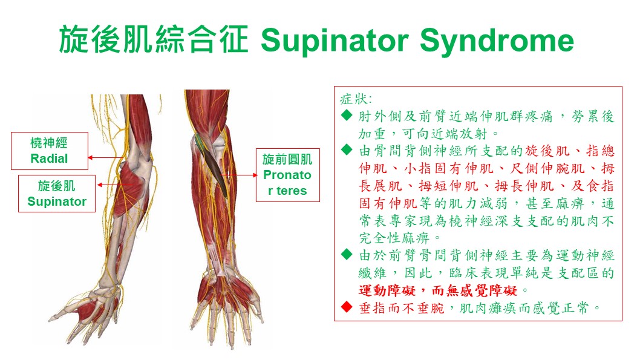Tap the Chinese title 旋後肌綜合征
point(154,39)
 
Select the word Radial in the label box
point(49,159)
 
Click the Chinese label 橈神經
point(49,143)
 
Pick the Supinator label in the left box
point(57,201)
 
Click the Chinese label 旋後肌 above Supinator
point(57,186)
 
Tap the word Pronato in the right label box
point(287,175)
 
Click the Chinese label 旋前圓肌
point(287,159)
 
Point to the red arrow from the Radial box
point(107,157)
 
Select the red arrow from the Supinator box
point(115,185)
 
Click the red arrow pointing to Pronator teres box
point(240,175)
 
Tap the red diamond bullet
point(347,307)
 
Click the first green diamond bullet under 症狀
point(347,116)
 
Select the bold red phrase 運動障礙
point(387,290)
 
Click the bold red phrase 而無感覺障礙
point(475,290)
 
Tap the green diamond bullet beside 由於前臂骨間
point(347,255)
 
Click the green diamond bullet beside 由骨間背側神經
point(347,150)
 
